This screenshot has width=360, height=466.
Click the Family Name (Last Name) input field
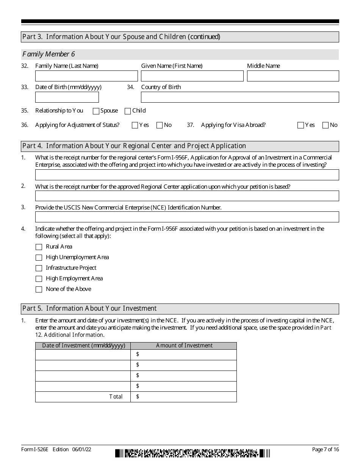[x=86, y=76]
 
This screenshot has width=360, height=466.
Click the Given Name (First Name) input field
[x=192, y=76]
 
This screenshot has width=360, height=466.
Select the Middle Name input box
[x=293, y=76]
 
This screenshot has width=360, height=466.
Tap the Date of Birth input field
[x=67, y=97]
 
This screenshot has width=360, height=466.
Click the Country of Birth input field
[x=240, y=97]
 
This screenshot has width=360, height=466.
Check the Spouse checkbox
[x=96, y=111]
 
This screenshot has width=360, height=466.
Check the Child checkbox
[x=128, y=111]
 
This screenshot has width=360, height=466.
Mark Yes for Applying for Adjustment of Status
[x=135, y=125]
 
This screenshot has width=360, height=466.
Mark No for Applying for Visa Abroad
[x=325, y=125]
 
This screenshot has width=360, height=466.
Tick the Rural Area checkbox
[x=39, y=247]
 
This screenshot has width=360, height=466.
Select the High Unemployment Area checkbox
[x=39, y=258]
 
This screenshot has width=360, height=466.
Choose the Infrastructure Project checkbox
[x=39, y=268]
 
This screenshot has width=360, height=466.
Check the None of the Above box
[x=39, y=289]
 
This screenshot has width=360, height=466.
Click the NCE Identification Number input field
[x=187, y=217]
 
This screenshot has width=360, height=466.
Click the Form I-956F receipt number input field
[x=187, y=175]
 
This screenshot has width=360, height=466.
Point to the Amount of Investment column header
[x=184, y=346]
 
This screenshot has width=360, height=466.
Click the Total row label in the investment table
[x=116, y=397]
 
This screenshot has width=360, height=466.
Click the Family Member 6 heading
[x=49, y=55]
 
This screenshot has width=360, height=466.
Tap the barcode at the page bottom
[x=193, y=453]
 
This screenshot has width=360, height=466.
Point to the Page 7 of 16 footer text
[x=325, y=449]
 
